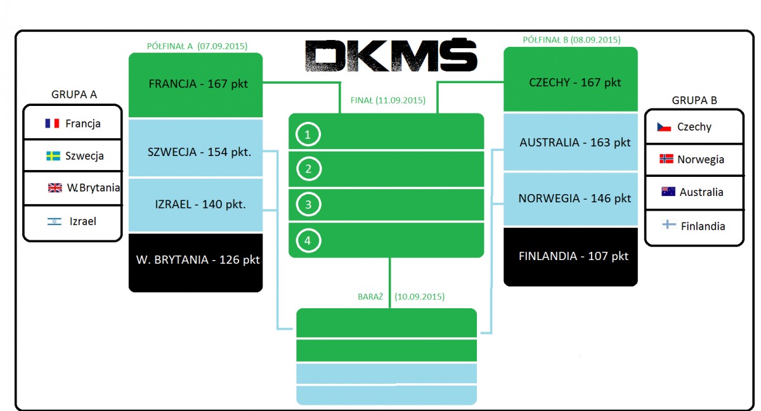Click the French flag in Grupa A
tap(52, 123)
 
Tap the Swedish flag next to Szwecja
tap(53, 156)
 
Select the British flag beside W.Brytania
tap(55, 188)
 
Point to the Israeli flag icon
tap(55, 222)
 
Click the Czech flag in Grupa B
tap(664, 127)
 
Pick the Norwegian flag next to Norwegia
tap(667, 159)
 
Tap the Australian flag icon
tap(668, 192)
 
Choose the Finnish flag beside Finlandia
tap(669, 225)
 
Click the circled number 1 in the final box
tap(308, 134)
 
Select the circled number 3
tap(308, 204)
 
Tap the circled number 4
tap(308, 240)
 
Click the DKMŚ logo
tap(391, 55)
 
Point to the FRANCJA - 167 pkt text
tap(198, 84)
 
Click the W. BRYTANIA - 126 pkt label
tap(198, 260)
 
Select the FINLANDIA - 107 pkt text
tap(573, 256)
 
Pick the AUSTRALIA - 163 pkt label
tap(575, 142)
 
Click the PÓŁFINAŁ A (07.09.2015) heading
tap(197, 46)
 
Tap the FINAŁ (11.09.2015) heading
tap(388, 100)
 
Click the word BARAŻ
tap(370, 297)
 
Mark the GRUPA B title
tap(694, 100)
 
